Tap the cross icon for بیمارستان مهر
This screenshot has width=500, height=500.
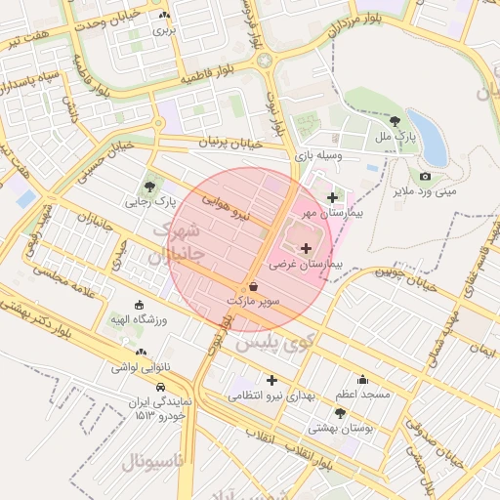pyautogui.click(x=333, y=198)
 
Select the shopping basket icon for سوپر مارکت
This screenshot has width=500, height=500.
pyautogui.click(x=254, y=287)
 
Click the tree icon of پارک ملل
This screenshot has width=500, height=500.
pyautogui.click(x=395, y=122)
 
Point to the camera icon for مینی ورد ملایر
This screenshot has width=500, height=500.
pyautogui.click(x=425, y=177)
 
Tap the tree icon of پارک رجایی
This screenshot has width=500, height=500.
pyautogui.click(x=149, y=186)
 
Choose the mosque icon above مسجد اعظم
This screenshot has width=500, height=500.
pyautogui.click(x=363, y=380)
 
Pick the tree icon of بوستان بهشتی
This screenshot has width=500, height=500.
pyautogui.click(x=339, y=413)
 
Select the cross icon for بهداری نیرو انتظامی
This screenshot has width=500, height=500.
pyautogui.click(x=271, y=380)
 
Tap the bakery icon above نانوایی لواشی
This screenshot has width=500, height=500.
pyautogui.click(x=143, y=353)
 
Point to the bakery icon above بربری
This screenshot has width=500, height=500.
pyautogui.click(x=164, y=16)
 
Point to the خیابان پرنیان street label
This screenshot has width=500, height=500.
pyautogui.click(x=204, y=144)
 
